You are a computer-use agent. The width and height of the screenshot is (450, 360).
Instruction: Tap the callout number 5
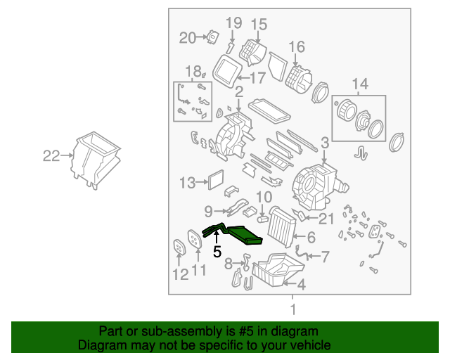click(x=217, y=250)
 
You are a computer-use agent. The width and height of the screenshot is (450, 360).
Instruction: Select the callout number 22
click(x=51, y=157)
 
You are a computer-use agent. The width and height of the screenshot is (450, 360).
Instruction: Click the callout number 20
click(x=187, y=38)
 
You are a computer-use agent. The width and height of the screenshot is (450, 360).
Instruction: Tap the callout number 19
click(x=233, y=24)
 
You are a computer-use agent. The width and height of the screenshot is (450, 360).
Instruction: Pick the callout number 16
click(x=297, y=47)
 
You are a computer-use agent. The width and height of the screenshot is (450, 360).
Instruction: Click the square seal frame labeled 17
click(x=226, y=69)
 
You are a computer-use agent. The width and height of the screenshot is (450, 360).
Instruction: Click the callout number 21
click(x=326, y=219)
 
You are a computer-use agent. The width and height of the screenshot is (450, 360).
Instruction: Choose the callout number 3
click(x=325, y=143)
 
